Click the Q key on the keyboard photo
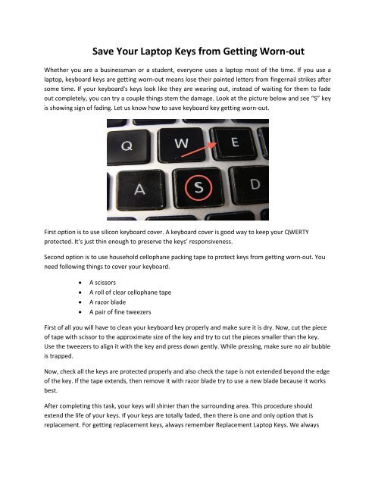(x=130, y=145)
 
